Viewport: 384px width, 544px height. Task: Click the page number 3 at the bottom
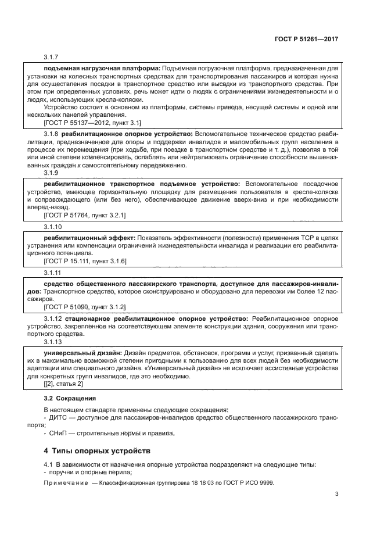coord(336,495)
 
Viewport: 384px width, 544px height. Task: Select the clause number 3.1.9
coord(52,173)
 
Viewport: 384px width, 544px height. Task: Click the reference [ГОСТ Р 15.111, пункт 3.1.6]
coord(85,261)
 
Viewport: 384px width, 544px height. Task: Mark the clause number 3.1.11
coord(53,273)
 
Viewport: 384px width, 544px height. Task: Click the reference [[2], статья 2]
coord(63,384)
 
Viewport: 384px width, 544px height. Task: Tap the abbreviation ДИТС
coord(58,417)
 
